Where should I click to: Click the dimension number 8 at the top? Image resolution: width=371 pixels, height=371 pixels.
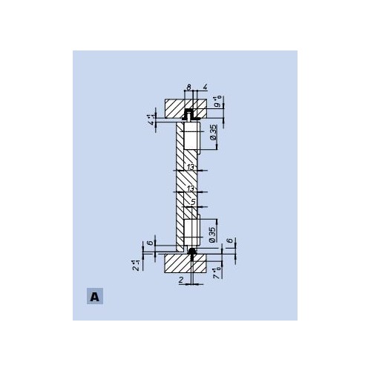pos(188,88)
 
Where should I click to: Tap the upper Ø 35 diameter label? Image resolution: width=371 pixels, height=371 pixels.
pos(213,134)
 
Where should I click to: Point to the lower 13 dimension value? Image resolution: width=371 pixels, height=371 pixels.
pos(191,189)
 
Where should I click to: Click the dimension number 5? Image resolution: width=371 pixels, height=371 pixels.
pos(193,200)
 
